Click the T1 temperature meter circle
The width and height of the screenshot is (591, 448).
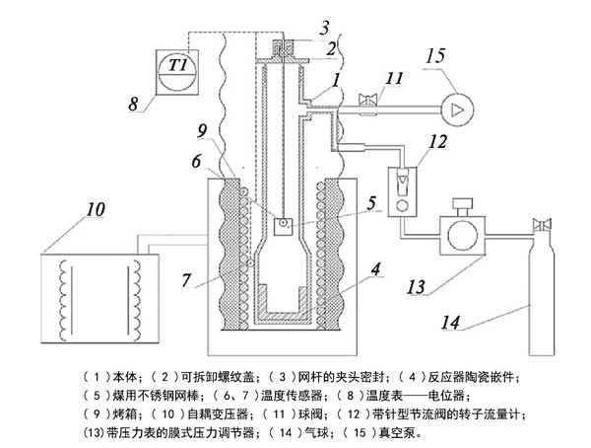(178, 66)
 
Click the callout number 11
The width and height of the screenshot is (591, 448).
(395, 77)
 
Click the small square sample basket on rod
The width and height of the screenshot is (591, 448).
(283, 226)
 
